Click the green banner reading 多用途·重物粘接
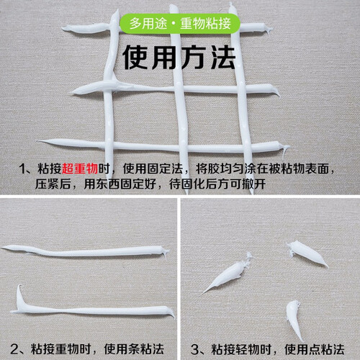coord(180,24)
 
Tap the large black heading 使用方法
coord(179,58)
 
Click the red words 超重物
coord(80,168)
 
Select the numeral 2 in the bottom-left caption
coord(14,349)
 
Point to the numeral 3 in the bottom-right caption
coord(194,349)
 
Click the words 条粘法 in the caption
coord(146,349)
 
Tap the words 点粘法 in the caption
coord(326,349)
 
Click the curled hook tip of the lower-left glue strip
coord(20,286)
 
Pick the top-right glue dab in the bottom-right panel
coord(307,253)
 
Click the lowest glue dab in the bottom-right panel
coord(294,319)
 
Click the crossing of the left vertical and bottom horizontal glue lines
coord(109,145)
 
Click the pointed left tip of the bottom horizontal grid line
coord(38,141)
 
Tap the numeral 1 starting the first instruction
coord(23,168)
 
